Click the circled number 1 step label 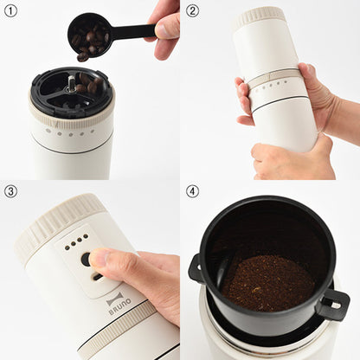(x=10, y=10)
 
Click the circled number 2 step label (x=192, y=10)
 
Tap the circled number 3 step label (x=10, y=191)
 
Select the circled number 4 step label (x=192, y=191)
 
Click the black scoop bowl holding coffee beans (x=88, y=35)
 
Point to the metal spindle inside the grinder (x=70, y=83)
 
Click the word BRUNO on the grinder (x=120, y=307)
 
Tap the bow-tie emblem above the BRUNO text (x=115, y=299)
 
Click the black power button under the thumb (x=86, y=259)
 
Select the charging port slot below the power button (x=97, y=277)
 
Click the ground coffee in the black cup (x=268, y=283)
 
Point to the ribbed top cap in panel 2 (x=259, y=17)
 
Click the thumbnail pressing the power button (x=97, y=256)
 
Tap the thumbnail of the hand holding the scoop (x=164, y=29)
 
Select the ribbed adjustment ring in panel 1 (x=72, y=115)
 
